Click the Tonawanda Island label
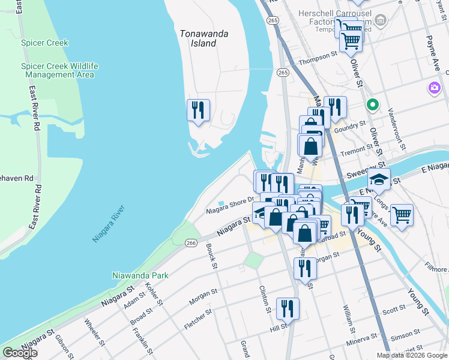tap(204, 38)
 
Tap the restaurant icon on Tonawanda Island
tap(198, 110)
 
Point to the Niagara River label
tap(109, 224)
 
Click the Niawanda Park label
tap(140, 275)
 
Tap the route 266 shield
tap(191, 242)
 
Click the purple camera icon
tap(434, 88)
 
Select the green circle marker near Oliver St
tap(372, 105)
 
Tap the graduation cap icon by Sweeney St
tap(379, 179)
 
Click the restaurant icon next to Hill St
tap(288, 308)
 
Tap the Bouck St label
tap(211, 256)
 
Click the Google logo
tap(19, 353)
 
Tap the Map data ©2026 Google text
tap(411, 355)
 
